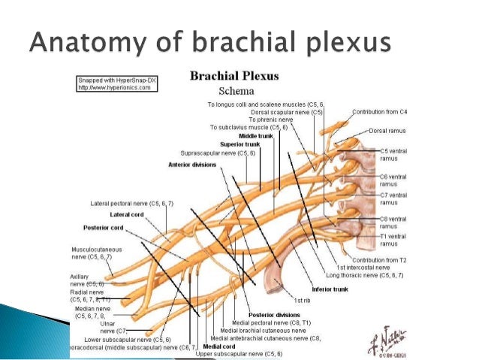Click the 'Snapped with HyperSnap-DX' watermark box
[116, 83]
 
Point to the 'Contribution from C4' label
[381, 111]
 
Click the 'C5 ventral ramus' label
[393, 154]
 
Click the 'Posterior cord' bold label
[102, 227]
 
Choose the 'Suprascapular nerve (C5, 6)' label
[218, 153]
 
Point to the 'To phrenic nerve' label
[273, 119]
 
